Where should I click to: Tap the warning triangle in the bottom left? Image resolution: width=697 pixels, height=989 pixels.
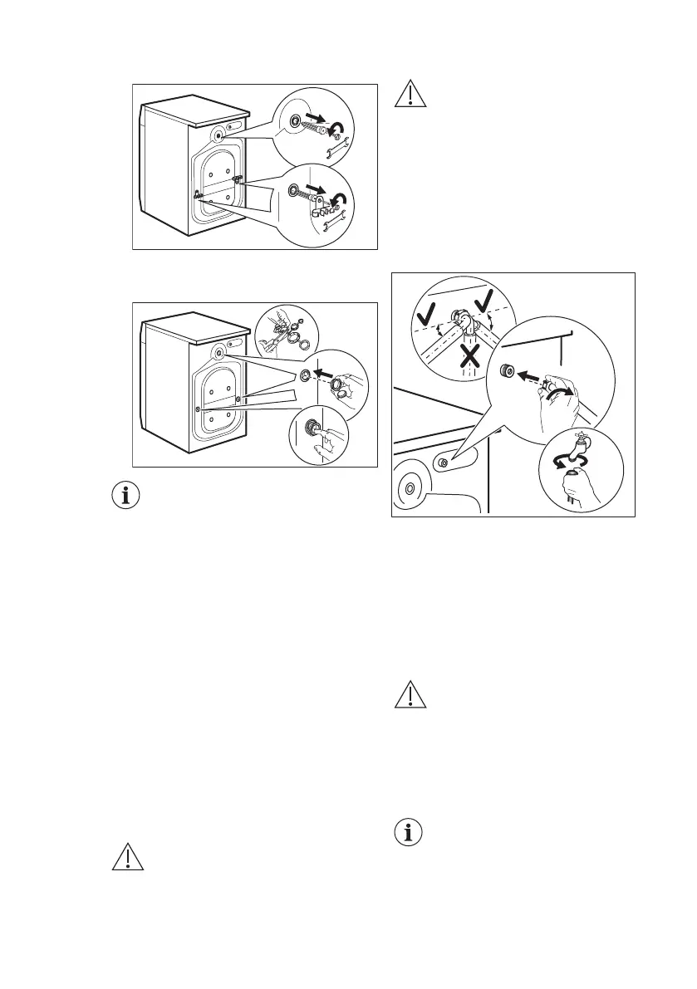pos(127,859)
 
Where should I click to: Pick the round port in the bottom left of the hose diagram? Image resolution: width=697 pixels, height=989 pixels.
pos(409,489)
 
